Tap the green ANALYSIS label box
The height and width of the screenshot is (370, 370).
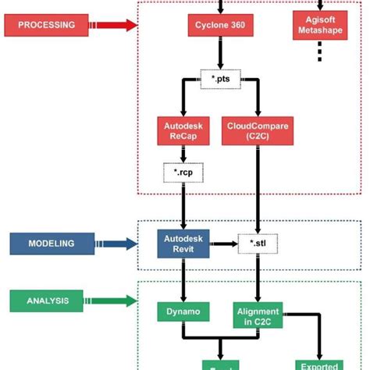45,299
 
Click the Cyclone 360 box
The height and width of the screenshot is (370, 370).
219,26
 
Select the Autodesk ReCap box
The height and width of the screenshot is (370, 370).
181,130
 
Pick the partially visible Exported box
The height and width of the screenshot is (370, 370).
318,364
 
